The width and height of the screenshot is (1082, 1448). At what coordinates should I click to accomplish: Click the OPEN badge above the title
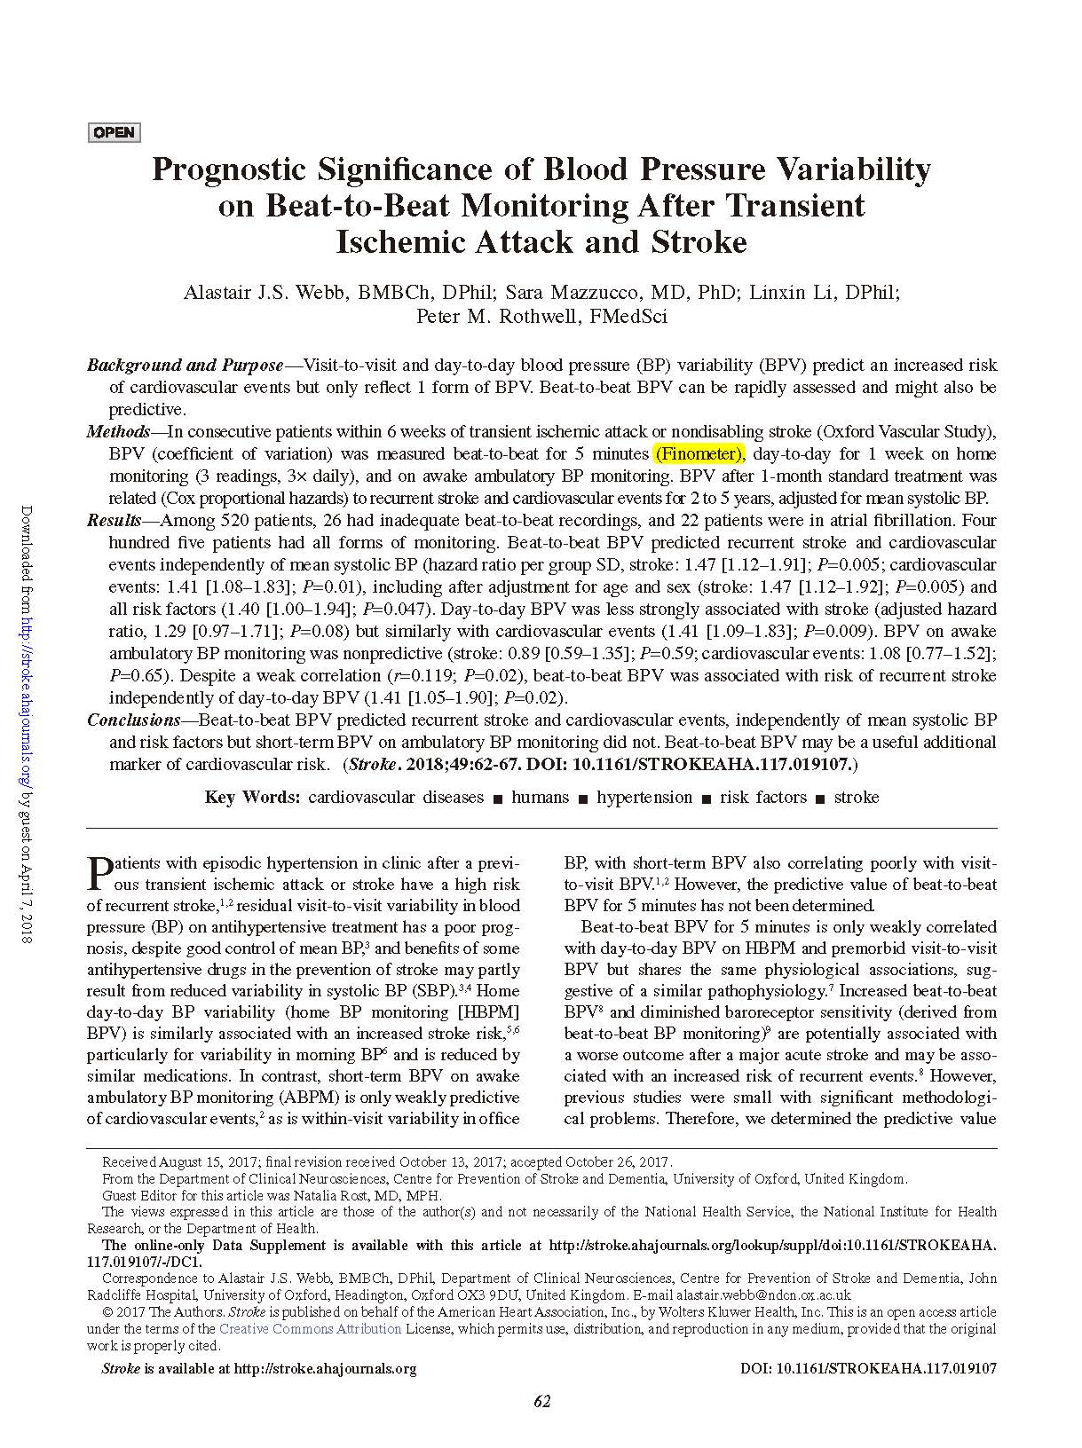point(115,133)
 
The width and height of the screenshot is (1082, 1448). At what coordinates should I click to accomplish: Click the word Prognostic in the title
point(229,169)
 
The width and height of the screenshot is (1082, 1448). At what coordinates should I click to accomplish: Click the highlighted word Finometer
point(699,454)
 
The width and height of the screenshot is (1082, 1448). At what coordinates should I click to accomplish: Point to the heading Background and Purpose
point(185,366)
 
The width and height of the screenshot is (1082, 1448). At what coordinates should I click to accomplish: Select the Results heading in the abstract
point(114,521)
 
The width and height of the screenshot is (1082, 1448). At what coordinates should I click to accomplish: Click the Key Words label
point(252,798)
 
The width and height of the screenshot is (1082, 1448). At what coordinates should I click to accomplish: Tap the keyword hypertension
point(644,798)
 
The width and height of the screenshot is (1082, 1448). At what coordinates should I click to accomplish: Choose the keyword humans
point(540,798)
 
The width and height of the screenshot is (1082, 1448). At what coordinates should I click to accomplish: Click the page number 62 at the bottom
point(542,1402)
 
